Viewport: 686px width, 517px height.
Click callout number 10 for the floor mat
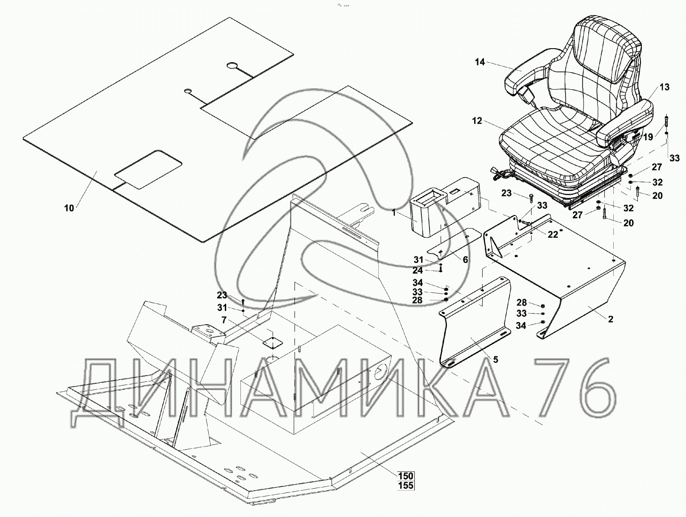(x=69, y=208)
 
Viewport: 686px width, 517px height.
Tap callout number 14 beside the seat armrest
(x=479, y=62)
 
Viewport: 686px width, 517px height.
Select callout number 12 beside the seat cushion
(x=477, y=120)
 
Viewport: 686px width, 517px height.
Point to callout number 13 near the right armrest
(x=664, y=87)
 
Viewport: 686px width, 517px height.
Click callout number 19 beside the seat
(x=648, y=137)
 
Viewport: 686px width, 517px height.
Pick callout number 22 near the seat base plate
(x=553, y=235)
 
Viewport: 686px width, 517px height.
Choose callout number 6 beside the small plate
(x=465, y=260)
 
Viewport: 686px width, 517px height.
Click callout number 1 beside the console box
(x=394, y=213)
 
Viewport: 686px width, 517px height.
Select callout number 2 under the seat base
(x=610, y=319)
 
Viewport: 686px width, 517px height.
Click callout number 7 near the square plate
(x=224, y=320)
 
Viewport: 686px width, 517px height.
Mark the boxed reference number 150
(x=406, y=476)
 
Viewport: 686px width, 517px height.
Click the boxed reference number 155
(x=406, y=486)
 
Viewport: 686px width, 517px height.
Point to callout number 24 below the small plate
(x=417, y=270)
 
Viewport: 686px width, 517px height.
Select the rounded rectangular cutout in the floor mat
(x=148, y=169)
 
